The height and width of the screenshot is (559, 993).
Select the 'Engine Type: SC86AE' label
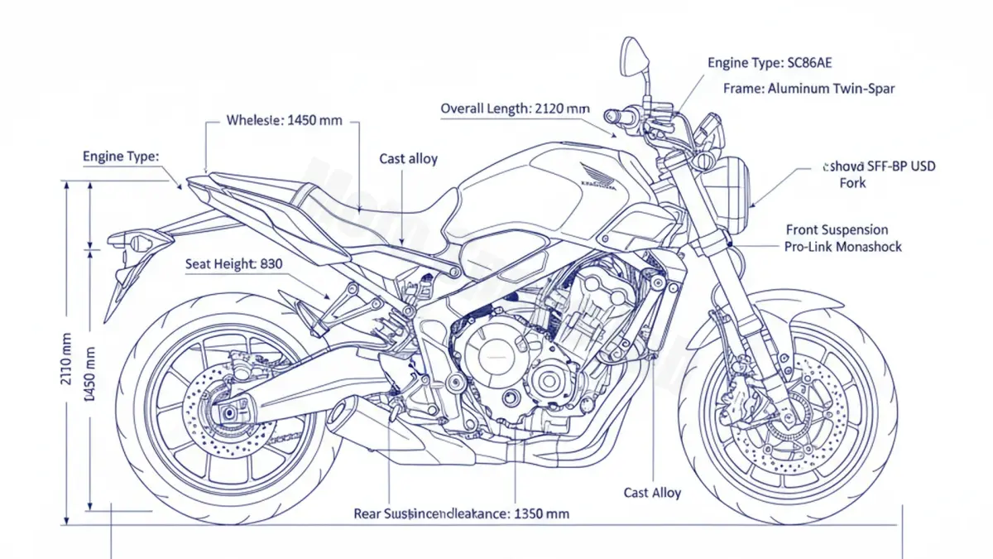(x=775, y=62)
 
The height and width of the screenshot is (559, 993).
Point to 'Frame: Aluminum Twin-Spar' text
(x=808, y=88)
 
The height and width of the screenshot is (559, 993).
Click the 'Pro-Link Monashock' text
(x=842, y=247)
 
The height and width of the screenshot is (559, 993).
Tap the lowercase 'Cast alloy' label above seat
(x=409, y=158)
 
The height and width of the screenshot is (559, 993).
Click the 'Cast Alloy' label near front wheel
(x=652, y=493)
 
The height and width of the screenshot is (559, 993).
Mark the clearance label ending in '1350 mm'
(x=462, y=513)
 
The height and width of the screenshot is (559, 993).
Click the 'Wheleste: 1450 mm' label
(x=284, y=120)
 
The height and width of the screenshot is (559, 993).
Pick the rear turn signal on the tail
(x=137, y=241)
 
